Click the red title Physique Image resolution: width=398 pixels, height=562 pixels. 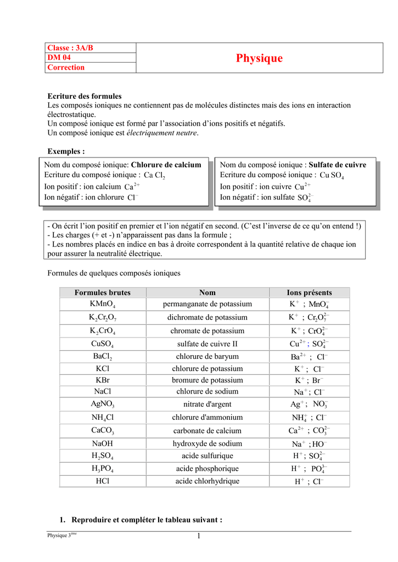tap(259, 58)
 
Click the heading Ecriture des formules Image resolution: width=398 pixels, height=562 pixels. tap(85, 96)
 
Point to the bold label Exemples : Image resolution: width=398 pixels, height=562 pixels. tap(66, 151)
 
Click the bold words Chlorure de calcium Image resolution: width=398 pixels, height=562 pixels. tap(166, 165)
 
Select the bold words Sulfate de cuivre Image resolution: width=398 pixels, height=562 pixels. tap(338, 165)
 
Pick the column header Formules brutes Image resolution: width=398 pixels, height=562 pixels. tap(103, 293)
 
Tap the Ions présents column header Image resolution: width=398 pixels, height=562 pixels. tap(309, 293)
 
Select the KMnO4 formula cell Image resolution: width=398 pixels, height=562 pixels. tap(103, 304)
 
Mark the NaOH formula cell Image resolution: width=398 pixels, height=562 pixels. tap(103, 443)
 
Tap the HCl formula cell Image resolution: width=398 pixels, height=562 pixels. tap(103, 481)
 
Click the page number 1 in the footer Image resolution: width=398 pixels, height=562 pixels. tap(199, 536)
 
